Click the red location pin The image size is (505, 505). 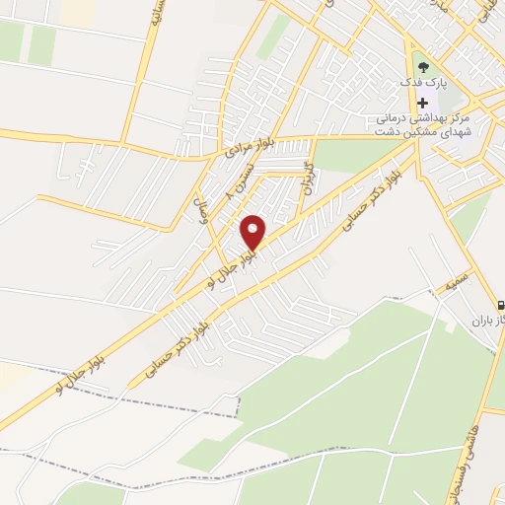click(x=253, y=231)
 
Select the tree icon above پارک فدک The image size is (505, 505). click(x=423, y=68)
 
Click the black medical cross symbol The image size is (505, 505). click(x=423, y=104)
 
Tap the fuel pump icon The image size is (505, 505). click(x=502, y=307)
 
